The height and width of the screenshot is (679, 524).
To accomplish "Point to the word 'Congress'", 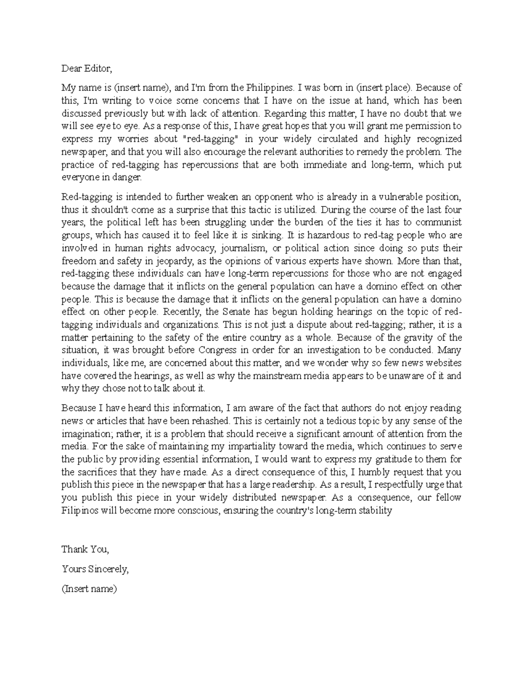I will tap(217, 350).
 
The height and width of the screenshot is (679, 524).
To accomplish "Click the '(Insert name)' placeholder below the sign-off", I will tap(90, 588).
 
